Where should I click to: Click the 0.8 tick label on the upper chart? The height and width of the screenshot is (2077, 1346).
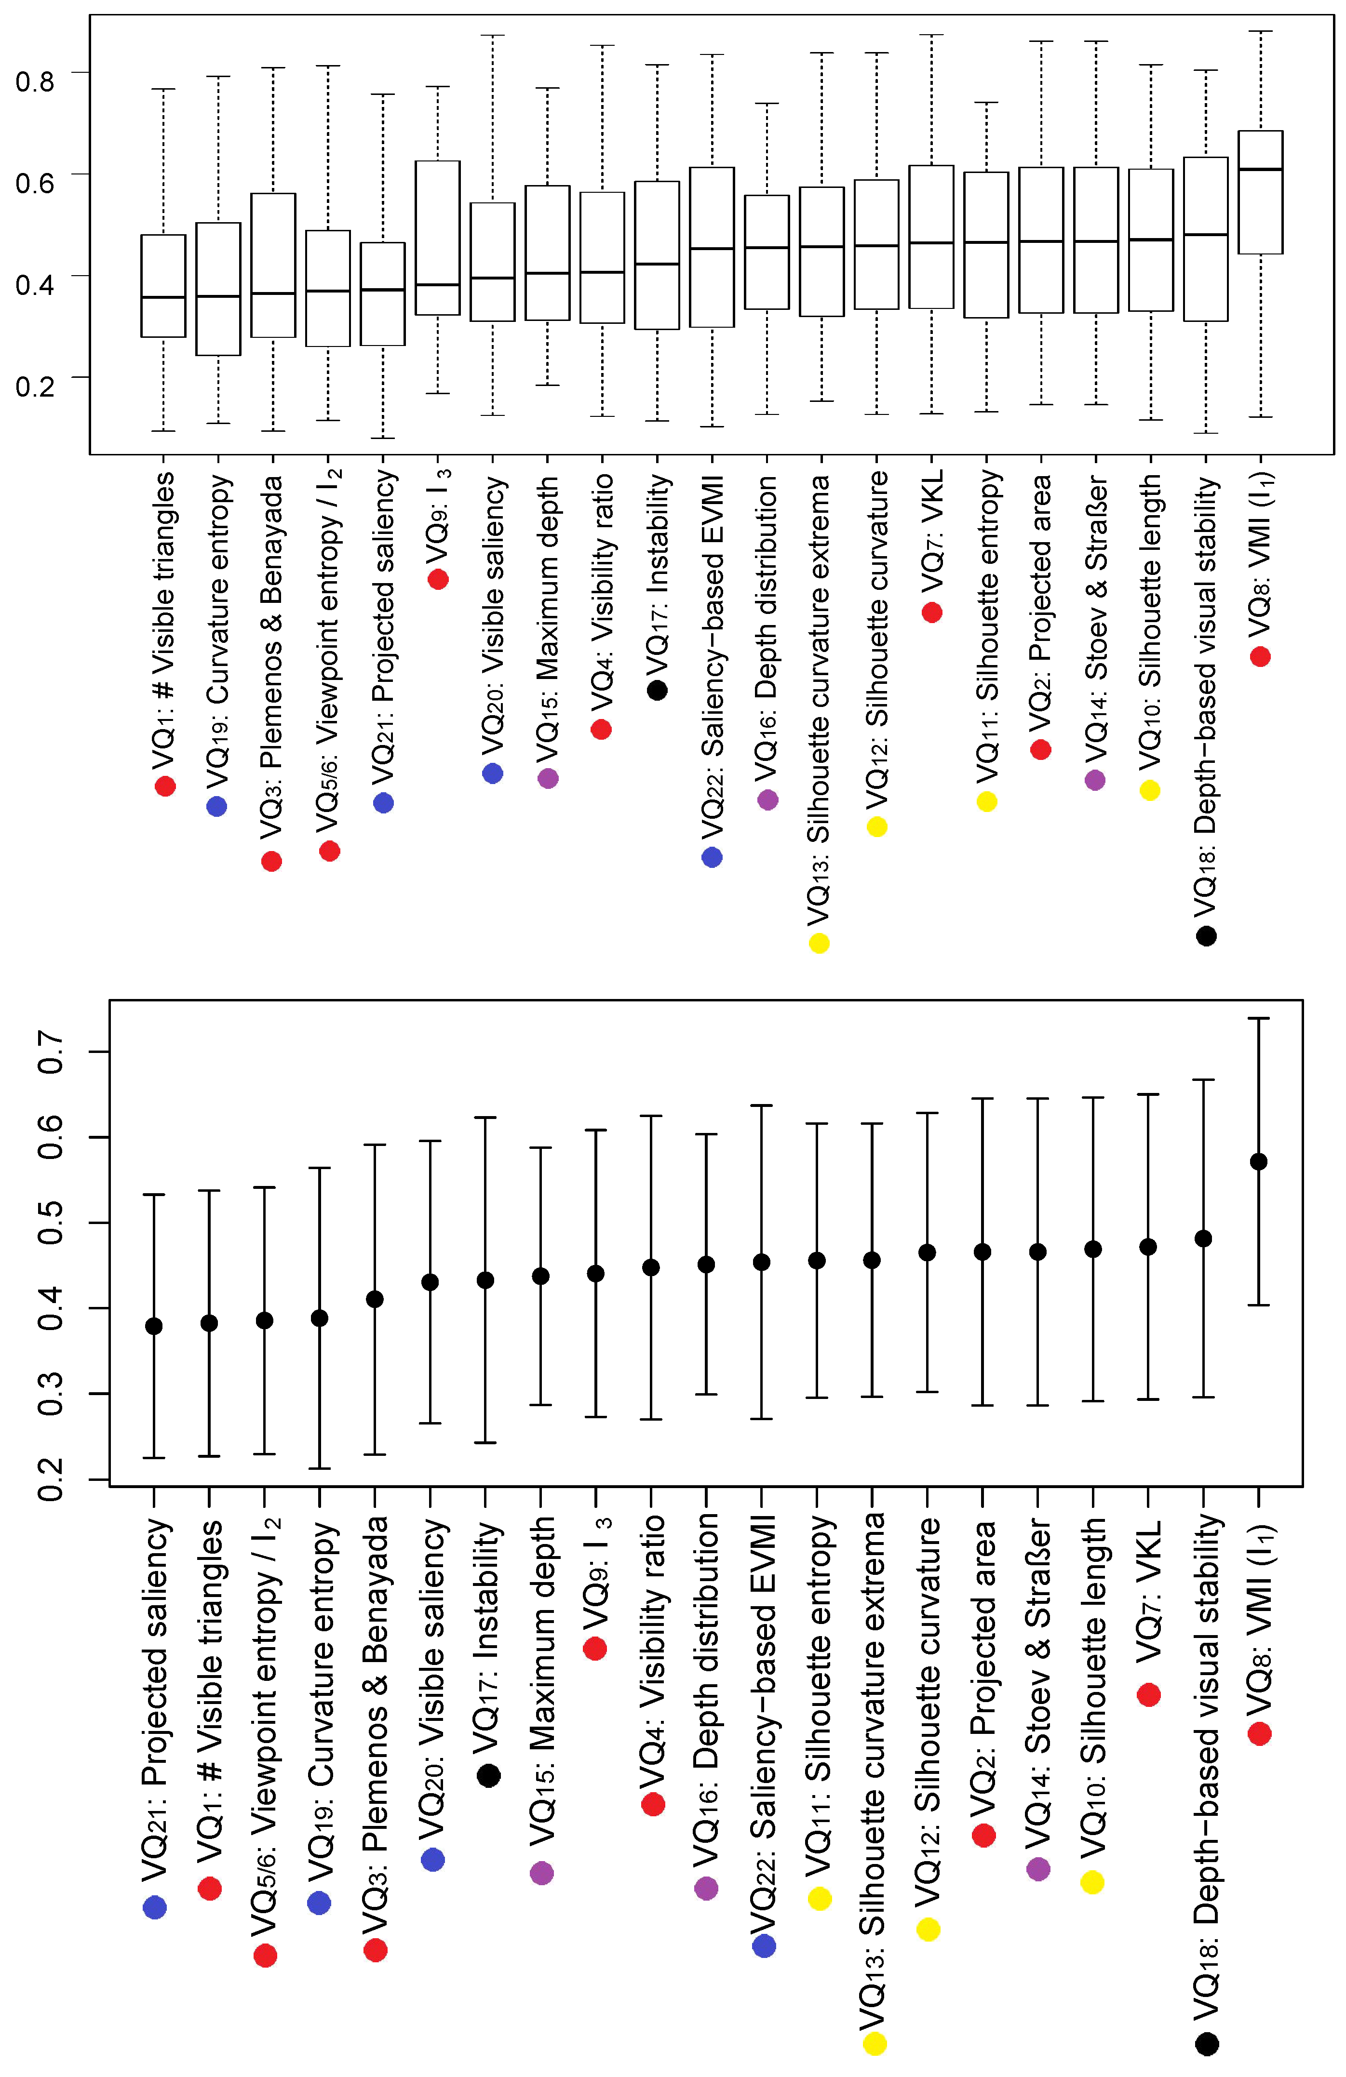[35, 80]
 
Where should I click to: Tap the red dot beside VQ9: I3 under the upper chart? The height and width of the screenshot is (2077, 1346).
[438, 579]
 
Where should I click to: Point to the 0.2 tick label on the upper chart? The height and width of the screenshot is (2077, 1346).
[35, 385]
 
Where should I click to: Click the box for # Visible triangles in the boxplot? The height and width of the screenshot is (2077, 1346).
[163, 285]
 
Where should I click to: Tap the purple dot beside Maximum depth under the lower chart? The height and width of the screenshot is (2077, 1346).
[542, 1873]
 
